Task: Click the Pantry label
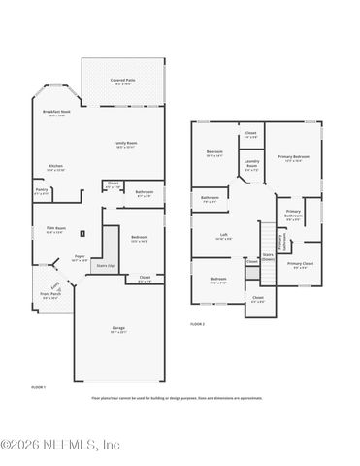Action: point(42,190)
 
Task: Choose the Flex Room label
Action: point(54,229)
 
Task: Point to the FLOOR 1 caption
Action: point(40,386)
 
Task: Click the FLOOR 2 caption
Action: point(198,323)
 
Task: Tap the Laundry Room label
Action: point(251,164)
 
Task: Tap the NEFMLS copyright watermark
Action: point(60,445)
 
